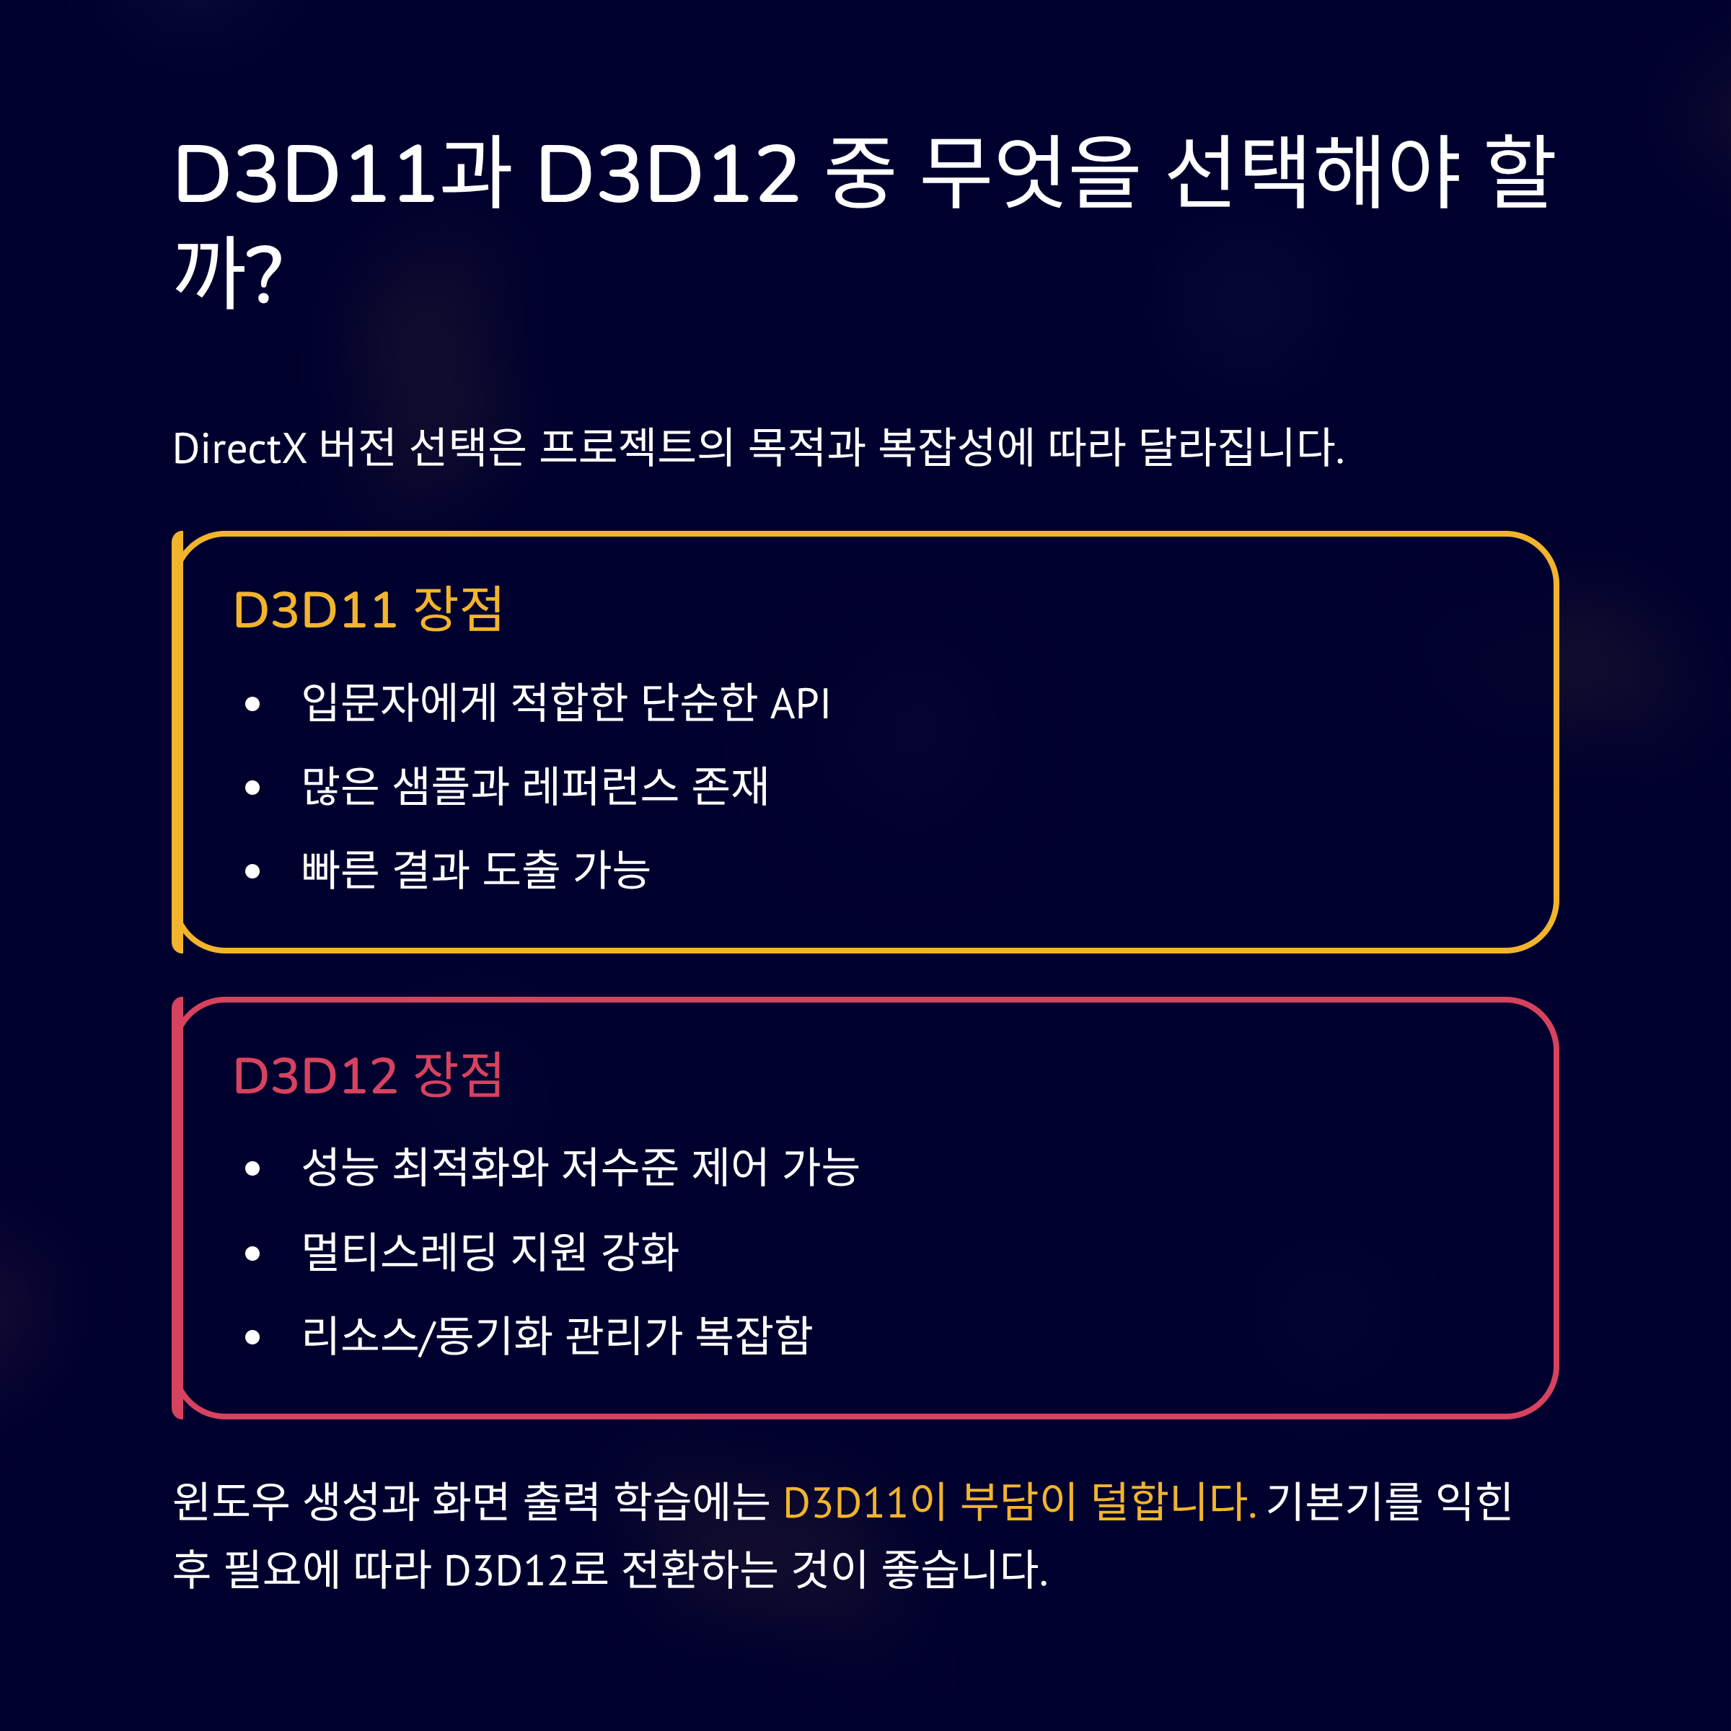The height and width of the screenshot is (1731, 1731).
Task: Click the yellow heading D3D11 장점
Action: click(x=367, y=610)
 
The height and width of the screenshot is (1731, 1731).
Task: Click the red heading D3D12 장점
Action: click(x=367, y=1075)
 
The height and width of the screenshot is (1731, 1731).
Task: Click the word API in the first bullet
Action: click(x=800, y=703)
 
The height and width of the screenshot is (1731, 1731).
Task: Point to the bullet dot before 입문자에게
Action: click(x=252, y=704)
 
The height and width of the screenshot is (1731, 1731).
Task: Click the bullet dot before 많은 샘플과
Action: click(x=252, y=788)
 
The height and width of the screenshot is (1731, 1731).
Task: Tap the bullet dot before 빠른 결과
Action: click(x=252, y=871)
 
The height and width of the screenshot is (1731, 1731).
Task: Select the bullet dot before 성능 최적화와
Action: click(x=252, y=1168)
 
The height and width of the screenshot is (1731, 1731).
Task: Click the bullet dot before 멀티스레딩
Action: click(x=252, y=1254)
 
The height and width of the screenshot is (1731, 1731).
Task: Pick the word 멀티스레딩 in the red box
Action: click(x=400, y=1251)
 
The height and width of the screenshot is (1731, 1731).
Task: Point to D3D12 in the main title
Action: click(x=667, y=173)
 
